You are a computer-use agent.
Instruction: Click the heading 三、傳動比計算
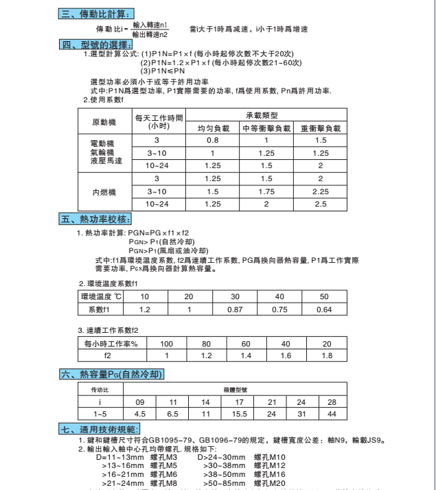click(95, 13)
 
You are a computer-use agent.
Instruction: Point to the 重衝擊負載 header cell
click(321, 128)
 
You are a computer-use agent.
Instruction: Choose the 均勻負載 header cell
click(213, 128)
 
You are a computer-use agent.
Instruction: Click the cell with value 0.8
click(213, 140)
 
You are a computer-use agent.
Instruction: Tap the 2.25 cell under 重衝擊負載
click(321, 192)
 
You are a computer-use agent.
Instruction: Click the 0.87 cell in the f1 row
click(235, 310)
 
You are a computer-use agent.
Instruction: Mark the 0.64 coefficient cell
click(324, 310)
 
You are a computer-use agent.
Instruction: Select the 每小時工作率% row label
click(111, 343)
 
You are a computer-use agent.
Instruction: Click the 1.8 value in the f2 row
click(327, 355)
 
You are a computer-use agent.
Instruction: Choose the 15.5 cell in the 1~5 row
click(239, 414)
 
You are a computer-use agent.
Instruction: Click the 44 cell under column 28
click(332, 414)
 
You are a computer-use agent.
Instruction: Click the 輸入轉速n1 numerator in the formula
click(150, 24)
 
